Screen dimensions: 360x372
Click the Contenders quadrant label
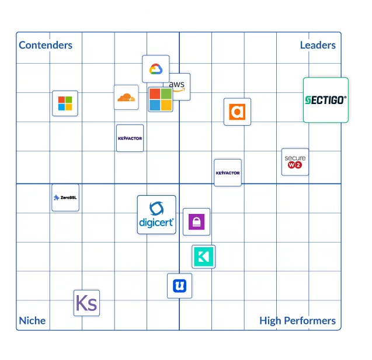46,45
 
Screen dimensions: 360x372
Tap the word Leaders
318,45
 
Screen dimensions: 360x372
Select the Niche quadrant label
32,320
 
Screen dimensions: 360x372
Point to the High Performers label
297,320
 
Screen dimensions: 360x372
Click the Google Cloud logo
155,69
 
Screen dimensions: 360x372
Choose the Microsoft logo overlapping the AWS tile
160,99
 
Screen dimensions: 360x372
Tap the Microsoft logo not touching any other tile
65,103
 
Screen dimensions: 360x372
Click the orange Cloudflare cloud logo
126,97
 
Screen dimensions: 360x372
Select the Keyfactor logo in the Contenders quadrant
130,139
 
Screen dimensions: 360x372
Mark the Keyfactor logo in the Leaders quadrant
228,172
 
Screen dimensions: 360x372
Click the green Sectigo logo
325,100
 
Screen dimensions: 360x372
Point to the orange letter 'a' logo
237,112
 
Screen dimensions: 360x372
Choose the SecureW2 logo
295,162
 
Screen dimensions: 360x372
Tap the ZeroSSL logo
65,198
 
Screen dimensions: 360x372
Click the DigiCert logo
157,214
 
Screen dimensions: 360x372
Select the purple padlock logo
196,221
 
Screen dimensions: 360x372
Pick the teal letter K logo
203,257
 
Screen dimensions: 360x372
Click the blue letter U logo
179,286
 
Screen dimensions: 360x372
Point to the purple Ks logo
86,303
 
